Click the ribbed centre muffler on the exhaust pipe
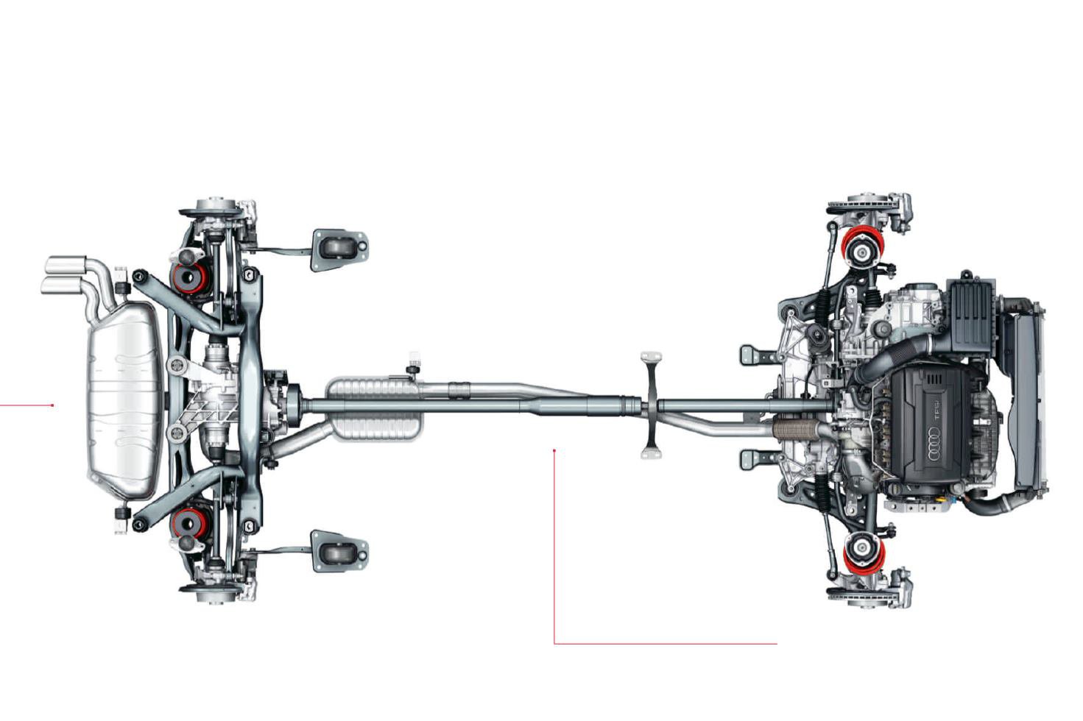374,409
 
